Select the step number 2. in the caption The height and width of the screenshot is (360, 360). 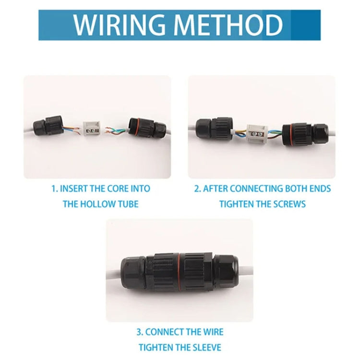click(x=197, y=189)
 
